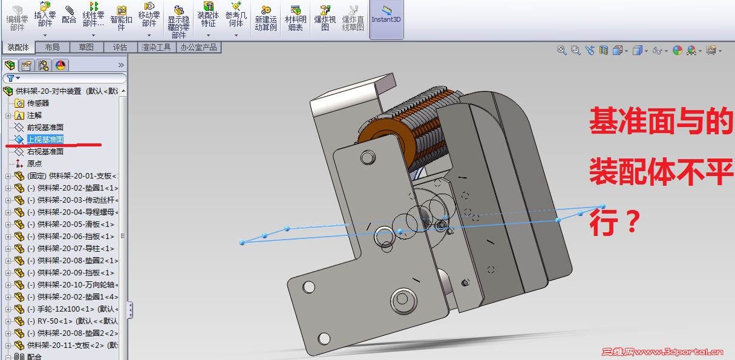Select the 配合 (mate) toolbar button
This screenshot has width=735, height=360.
[69, 15]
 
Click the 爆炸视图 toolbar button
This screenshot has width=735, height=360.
[325, 18]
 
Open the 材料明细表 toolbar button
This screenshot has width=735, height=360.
[295, 18]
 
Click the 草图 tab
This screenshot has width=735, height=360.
[87, 48]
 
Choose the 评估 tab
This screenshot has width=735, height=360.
[120, 48]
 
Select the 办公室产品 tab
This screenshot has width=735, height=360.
[199, 48]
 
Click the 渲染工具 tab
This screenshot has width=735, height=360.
[157, 48]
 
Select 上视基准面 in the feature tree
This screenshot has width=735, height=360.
[45, 140]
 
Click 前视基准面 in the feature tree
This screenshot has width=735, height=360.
[45, 127]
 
